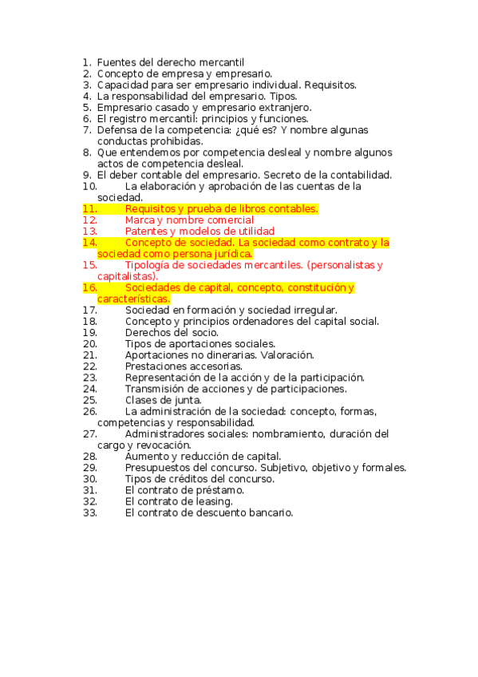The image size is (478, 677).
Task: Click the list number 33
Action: (x=89, y=513)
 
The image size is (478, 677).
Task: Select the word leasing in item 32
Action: (x=214, y=501)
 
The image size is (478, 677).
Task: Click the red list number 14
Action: (x=89, y=243)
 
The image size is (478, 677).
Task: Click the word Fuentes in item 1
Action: (x=117, y=62)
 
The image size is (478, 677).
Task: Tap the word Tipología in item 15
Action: (x=149, y=265)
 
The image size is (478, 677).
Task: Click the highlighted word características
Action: (x=133, y=299)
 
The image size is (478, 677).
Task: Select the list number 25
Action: (x=89, y=399)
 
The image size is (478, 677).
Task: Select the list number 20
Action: (x=89, y=343)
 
